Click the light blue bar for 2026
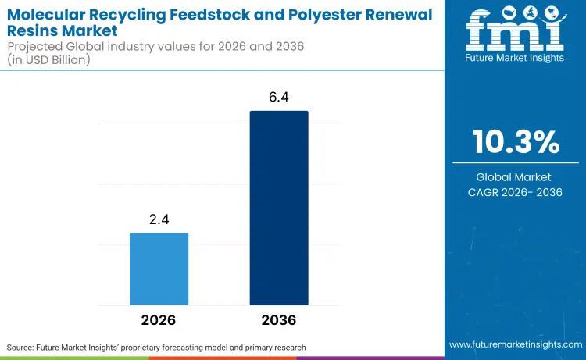(159, 269)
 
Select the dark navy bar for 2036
(279, 208)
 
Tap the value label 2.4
(159, 220)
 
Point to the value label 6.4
(279, 98)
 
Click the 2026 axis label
(159, 320)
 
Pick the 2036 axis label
(279, 320)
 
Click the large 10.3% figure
(516, 142)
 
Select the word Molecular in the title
(48, 14)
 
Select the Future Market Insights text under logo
(516, 59)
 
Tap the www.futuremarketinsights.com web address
(516, 344)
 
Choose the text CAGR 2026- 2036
(516, 191)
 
